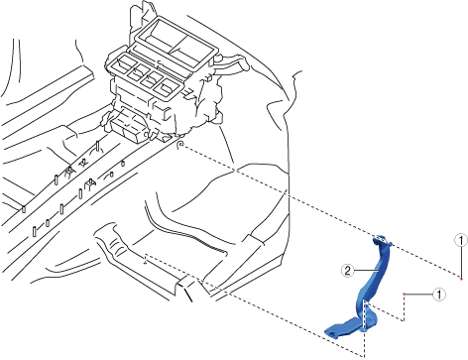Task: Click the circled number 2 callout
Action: [x=347, y=271]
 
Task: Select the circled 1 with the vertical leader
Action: [x=461, y=240]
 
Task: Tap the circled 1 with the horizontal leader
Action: [x=439, y=294]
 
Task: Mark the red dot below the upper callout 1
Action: [x=461, y=280]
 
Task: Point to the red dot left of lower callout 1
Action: [x=404, y=294]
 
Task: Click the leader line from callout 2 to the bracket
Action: [x=366, y=271]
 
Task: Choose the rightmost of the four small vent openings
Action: [x=167, y=87]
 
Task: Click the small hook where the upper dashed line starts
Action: [x=180, y=145]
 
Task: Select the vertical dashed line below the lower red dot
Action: [x=404, y=307]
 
